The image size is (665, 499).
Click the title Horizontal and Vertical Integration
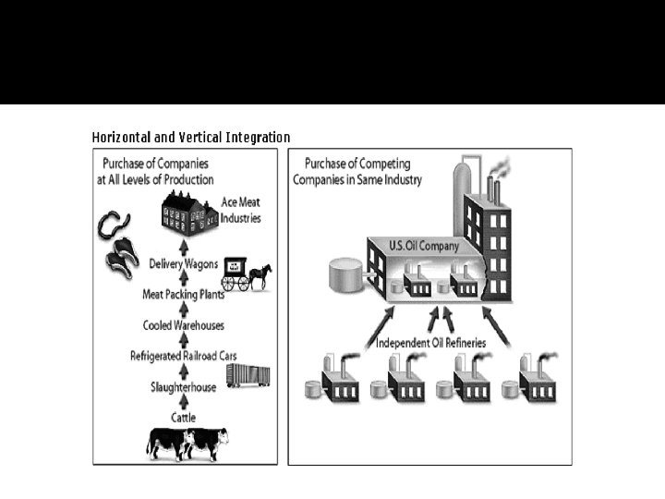[191, 138]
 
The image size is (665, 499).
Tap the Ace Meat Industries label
[241, 211]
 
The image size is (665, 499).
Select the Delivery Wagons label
[183, 264]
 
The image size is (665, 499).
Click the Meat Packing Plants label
[183, 295]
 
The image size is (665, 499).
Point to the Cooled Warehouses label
[183, 325]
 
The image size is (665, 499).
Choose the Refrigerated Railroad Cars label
[183, 357]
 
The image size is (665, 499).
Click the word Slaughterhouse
[183, 387]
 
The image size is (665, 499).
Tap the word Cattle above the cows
[183, 418]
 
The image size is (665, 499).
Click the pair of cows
[187, 443]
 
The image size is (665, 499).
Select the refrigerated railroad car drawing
[248, 374]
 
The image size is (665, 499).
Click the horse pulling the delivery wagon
[260, 275]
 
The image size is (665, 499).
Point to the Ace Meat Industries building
[187, 214]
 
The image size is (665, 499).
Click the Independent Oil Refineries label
[429, 344]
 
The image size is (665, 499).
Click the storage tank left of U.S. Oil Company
[345, 275]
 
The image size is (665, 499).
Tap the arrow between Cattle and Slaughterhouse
[183, 403]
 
